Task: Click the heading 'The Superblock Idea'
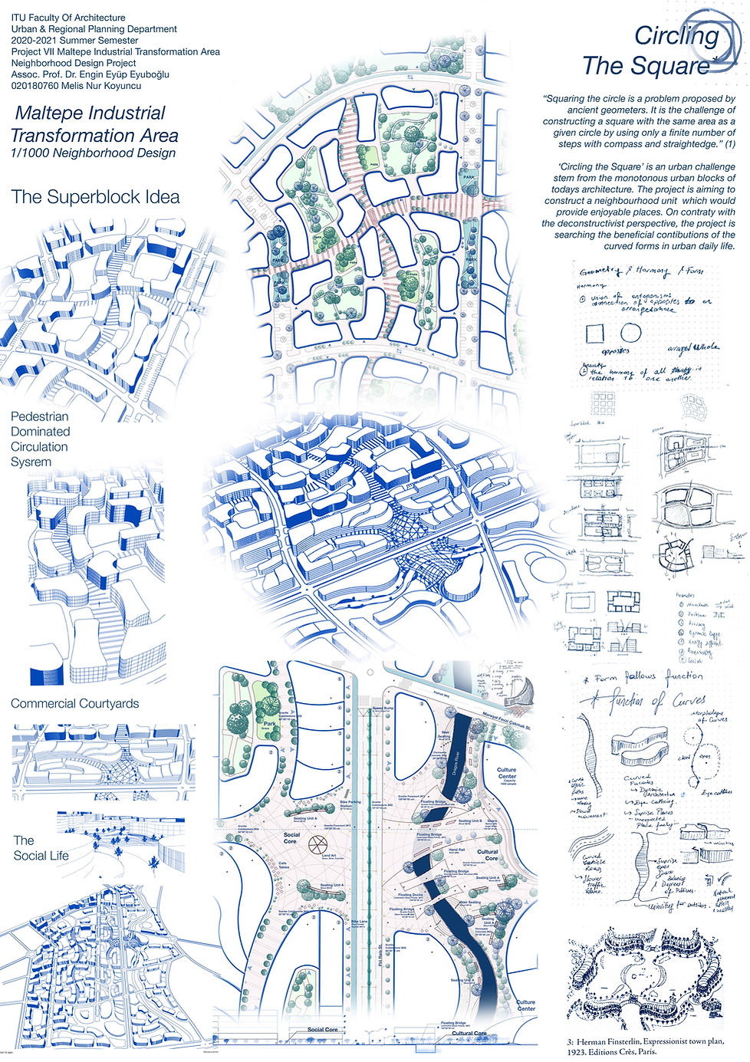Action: coord(95,197)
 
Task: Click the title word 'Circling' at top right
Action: coord(676,35)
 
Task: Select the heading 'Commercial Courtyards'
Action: coord(75,703)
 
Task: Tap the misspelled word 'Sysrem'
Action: coord(31,462)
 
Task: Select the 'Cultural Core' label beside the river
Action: coord(488,854)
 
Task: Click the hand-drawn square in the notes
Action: coord(595,334)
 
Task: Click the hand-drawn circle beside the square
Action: coord(630,333)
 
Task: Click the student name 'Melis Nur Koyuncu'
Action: coord(92,87)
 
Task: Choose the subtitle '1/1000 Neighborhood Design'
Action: coord(93,153)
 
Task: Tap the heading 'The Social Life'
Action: coord(41,847)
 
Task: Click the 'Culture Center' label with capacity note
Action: coord(506,773)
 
